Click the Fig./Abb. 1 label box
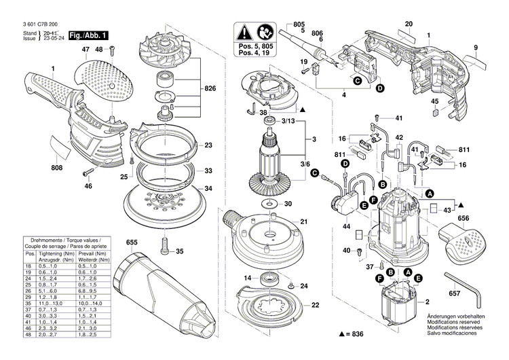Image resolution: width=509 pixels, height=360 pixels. (x=88, y=34)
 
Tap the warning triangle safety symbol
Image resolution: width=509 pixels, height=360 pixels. (x=242, y=31)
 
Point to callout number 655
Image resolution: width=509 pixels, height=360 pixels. (x=131, y=242)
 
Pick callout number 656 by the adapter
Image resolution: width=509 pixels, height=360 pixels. (x=464, y=218)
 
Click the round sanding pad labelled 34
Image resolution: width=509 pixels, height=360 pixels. (x=163, y=201)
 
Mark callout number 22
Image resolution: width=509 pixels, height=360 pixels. (x=314, y=305)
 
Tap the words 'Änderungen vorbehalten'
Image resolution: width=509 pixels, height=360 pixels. (x=455, y=317)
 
